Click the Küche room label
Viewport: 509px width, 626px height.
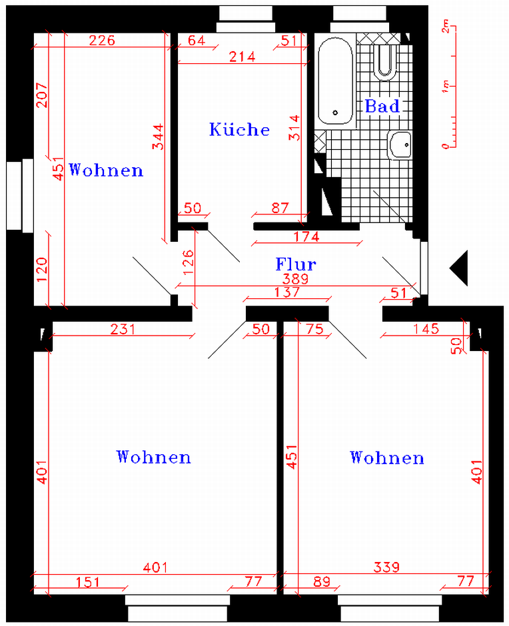click(x=239, y=129)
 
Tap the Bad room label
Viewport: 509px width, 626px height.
click(x=382, y=106)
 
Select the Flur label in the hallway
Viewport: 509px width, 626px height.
click(x=296, y=264)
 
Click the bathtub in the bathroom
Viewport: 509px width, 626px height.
click(x=336, y=81)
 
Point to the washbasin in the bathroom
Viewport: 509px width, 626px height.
click(x=400, y=145)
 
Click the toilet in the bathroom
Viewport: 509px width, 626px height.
click(x=385, y=62)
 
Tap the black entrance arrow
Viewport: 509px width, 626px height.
click(x=459, y=268)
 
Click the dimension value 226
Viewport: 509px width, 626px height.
click(x=102, y=40)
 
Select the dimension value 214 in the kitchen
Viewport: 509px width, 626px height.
click(x=242, y=57)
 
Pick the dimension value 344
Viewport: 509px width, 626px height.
click(x=158, y=137)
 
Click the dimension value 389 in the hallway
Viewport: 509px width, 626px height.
click(x=295, y=278)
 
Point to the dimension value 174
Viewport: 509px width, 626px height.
click(x=306, y=236)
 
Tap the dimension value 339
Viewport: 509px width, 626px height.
click(x=386, y=567)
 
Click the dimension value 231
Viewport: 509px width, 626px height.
click(x=123, y=329)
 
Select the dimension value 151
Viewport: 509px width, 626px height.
click(x=88, y=581)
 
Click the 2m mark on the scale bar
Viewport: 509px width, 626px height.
click(x=446, y=27)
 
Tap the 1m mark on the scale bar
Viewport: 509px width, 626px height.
click(x=446, y=86)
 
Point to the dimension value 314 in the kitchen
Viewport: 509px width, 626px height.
click(x=294, y=127)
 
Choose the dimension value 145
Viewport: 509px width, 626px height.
click(x=426, y=329)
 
